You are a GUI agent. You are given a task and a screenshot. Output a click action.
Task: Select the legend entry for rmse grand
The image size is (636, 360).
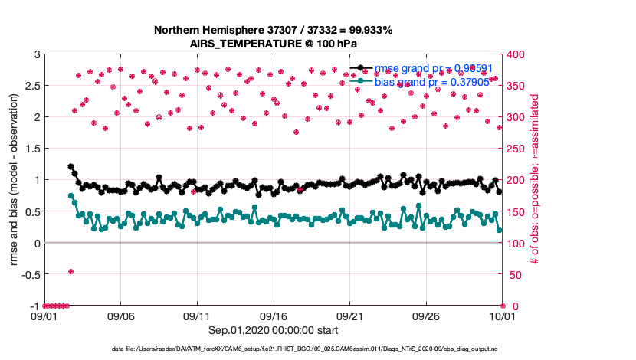429,68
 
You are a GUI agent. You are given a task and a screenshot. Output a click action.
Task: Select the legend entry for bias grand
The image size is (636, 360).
429,81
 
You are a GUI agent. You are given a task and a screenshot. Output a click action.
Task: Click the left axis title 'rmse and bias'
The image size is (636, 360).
15,180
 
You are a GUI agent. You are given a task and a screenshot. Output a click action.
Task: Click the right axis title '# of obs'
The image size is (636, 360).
535,180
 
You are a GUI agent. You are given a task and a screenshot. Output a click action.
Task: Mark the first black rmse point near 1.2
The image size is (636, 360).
70,166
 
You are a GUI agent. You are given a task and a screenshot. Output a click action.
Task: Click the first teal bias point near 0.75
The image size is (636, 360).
70,195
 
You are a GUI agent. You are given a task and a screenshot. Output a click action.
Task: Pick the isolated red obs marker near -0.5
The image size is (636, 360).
70,271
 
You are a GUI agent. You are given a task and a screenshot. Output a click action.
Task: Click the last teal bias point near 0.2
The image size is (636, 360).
500,230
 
